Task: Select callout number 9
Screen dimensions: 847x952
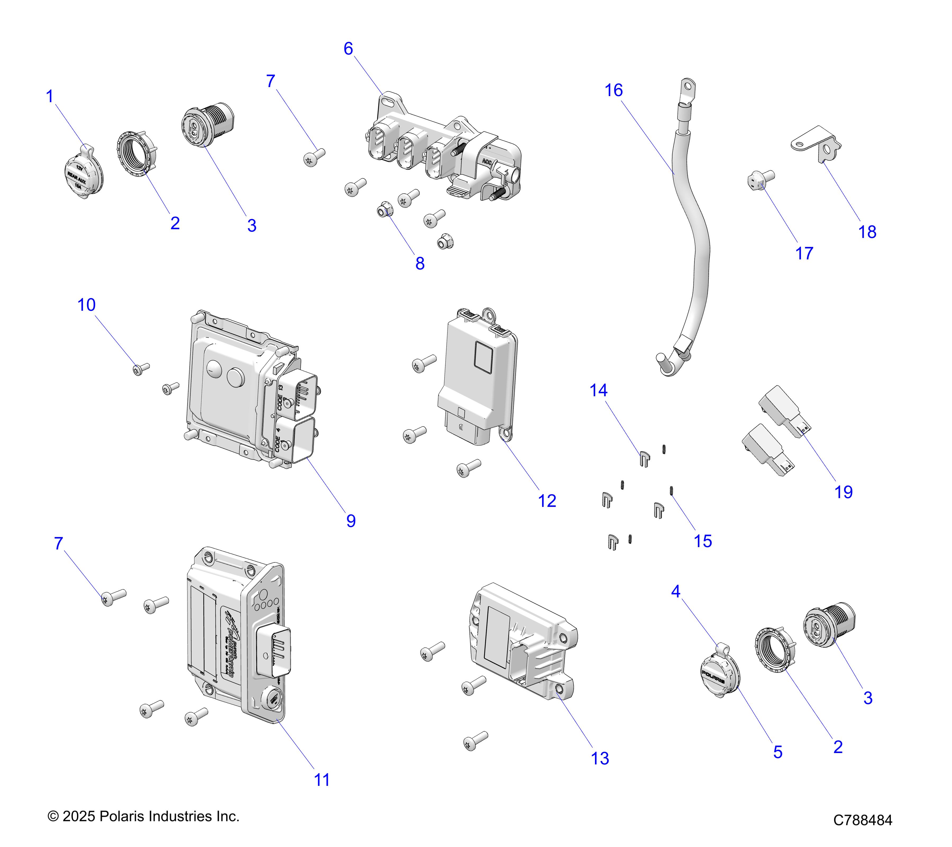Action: (x=351, y=521)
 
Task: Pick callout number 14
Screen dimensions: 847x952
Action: (x=598, y=390)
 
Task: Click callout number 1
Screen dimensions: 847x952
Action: (x=50, y=97)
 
